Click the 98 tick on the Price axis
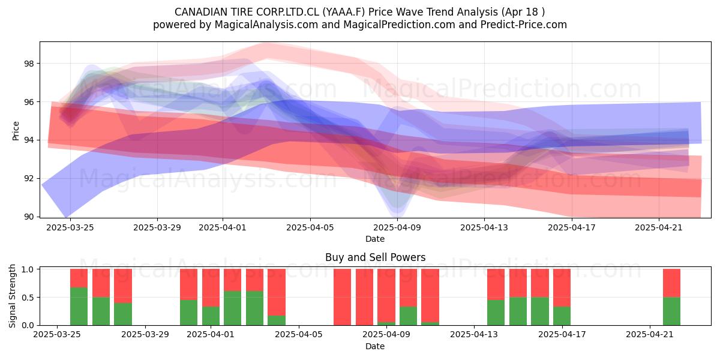coord(29,64)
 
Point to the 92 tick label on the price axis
coord(29,178)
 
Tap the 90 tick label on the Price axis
coord(29,217)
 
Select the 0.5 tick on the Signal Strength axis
coord(28,298)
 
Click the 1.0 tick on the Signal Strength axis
coord(28,269)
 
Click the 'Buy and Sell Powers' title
coord(375,257)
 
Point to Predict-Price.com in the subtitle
coord(524,25)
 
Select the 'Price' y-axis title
coord(16,131)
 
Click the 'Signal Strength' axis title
coord(12,296)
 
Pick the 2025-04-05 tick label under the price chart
coord(310,227)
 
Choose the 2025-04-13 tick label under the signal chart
coord(474,334)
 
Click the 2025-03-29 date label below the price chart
coord(157,227)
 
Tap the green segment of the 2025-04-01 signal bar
coord(211,316)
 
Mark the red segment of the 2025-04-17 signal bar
coord(562,287)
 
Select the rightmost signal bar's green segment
coord(671,311)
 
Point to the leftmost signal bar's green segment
coord(79,307)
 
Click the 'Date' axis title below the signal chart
coord(375,346)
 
